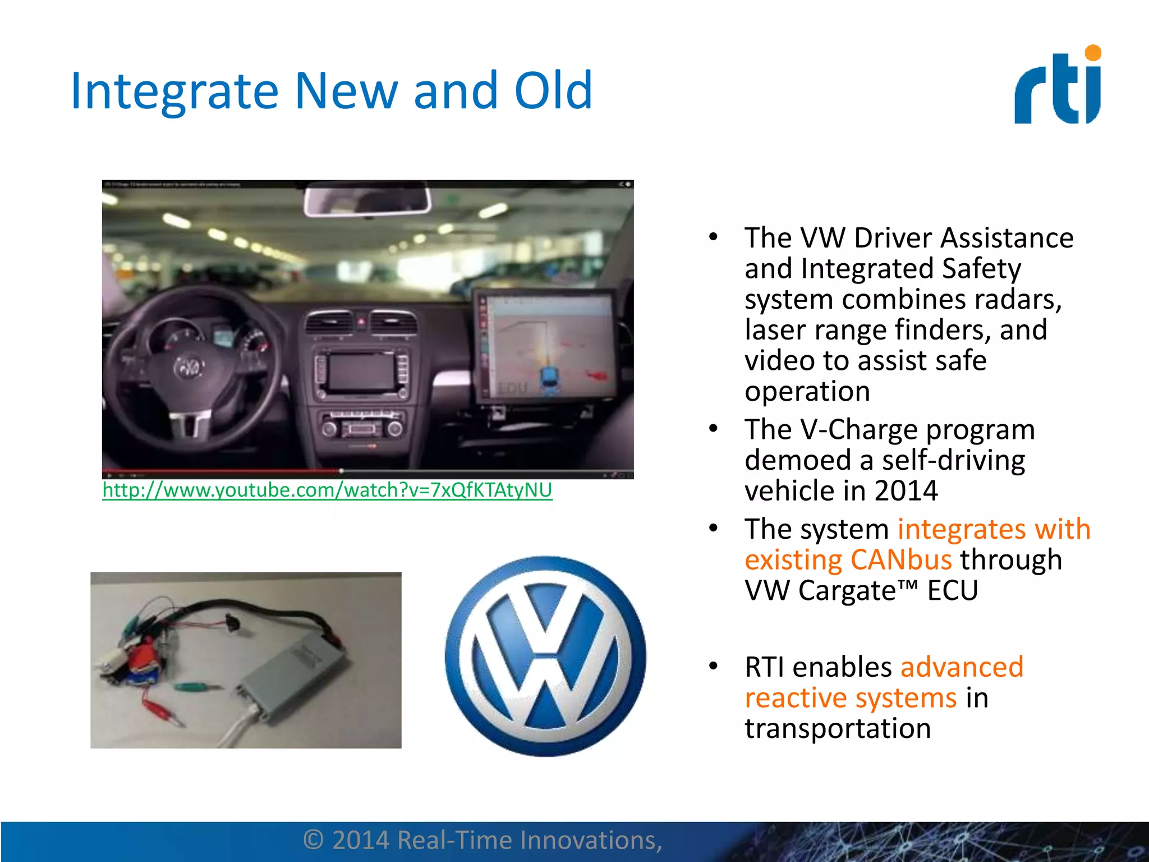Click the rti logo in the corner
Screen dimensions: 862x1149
(1058, 86)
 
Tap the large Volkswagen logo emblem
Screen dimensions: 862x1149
(545, 656)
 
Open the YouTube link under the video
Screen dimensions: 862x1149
(327, 490)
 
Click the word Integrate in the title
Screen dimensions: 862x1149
(174, 91)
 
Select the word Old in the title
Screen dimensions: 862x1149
(553, 91)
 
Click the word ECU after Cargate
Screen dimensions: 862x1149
(952, 591)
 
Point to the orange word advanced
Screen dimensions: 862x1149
(962, 667)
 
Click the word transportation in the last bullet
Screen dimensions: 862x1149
(838, 728)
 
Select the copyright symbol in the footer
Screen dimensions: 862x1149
(314, 840)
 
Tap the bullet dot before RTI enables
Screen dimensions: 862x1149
(713, 666)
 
